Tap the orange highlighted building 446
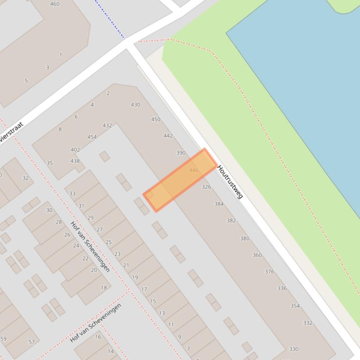(x=180, y=180)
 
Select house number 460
(x=54, y=4)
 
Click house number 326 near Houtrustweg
(x=206, y=187)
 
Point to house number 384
(x=219, y=204)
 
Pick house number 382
(x=231, y=221)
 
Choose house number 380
(x=244, y=238)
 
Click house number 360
(x=257, y=255)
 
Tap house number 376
(x=269, y=272)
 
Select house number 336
(x=282, y=288)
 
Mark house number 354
(x=295, y=306)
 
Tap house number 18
(x=103, y=288)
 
